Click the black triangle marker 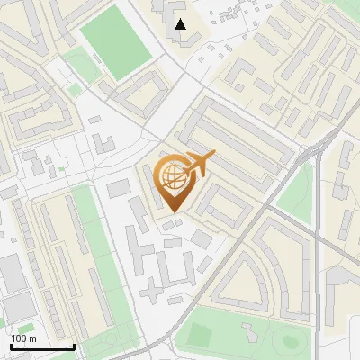pyautogui.click(x=182, y=24)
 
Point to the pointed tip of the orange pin pyautogui.click(x=172, y=212)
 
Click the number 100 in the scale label pyautogui.click(x=19, y=338)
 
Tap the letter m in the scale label pyautogui.click(x=32, y=338)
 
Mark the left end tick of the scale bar pyautogui.click(x=10, y=346)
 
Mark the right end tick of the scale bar pyautogui.click(x=73, y=346)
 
